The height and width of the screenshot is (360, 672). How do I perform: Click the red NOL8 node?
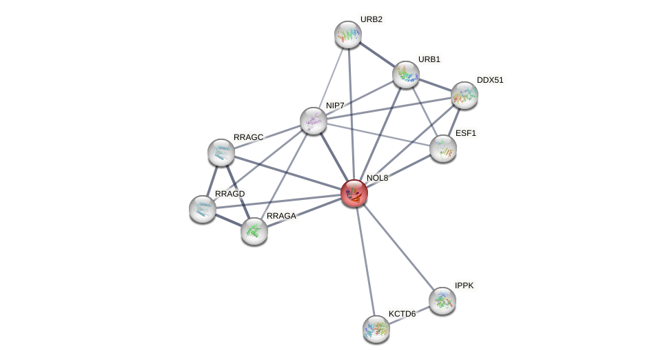pyautogui.click(x=354, y=193)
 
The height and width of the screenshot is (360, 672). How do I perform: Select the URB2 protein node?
pyautogui.click(x=348, y=34)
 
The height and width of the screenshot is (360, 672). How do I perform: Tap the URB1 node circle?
pyautogui.click(x=406, y=74)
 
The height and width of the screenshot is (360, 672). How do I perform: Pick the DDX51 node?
pyautogui.click(x=465, y=95)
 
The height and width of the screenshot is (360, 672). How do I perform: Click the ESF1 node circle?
pyautogui.click(x=443, y=148)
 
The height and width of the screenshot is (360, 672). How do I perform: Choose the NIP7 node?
pyautogui.click(x=314, y=121)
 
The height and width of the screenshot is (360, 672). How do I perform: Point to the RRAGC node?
pyautogui.click(x=221, y=152)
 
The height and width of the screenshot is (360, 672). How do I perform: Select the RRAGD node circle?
pyautogui.click(x=203, y=208)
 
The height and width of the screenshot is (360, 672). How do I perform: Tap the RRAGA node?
pyautogui.click(x=254, y=231)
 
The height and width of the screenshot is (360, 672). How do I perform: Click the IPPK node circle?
pyautogui.click(x=442, y=301)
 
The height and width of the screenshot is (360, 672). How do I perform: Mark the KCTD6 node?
pyautogui.click(x=376, y=329)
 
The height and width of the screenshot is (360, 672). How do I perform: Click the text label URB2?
pyautogui.click(x=371, y=19)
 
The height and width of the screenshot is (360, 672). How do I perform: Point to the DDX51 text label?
pyautogui.click(x=490, y=80)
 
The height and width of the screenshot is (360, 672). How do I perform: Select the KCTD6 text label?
pyautogui.click(x=402, y=314)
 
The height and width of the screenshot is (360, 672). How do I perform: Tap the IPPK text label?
pyautogui.click(x=464, y=286)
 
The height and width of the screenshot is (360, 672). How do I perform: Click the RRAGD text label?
pyautogui.click(x=230, y=194)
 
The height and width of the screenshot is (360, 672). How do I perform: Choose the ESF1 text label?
pyautogui.click(x=465, y=133)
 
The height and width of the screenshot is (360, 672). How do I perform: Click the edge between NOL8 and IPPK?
pyautogui.click(x=398, y=247)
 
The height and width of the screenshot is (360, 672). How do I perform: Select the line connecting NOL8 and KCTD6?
pyautogui.click(x=365, y=261)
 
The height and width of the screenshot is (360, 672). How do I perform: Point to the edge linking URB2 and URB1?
pyautogui.click(x=377, y=54)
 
